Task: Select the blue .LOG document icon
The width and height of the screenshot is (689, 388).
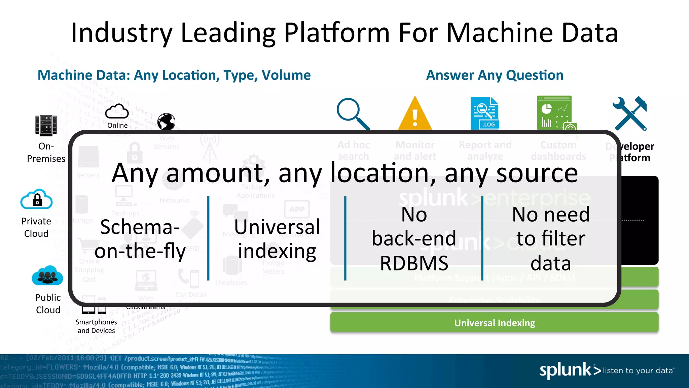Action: tap(485, 113)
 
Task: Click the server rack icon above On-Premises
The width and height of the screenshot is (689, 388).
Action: tap(46, 125)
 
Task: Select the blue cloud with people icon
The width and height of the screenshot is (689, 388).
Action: tap(47, 276)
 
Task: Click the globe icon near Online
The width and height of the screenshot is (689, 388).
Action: tap(166, 121)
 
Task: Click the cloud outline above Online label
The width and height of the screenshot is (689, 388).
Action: tap(117, 111)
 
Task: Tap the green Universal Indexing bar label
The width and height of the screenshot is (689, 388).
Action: tap(494, 323)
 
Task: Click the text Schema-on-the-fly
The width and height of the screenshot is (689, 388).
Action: tap(140, 239)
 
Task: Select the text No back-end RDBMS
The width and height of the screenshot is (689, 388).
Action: tap(414, 239)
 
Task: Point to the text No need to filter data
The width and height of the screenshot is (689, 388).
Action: tap(551, 239)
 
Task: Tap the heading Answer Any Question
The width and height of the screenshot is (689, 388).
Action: tap(495, 75)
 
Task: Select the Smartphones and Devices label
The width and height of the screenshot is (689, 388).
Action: tap(96, 326)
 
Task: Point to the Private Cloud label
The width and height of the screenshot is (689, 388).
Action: tap(36, 227)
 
